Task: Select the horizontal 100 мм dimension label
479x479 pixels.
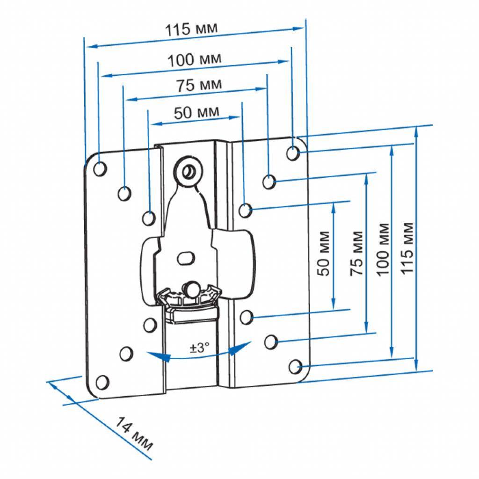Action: click(195, 59)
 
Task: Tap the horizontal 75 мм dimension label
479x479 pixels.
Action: click(199, 85)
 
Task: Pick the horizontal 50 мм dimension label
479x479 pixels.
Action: click(196, 112)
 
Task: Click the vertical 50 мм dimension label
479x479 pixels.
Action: click(325, 253)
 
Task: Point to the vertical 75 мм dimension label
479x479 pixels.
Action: click(357, 253)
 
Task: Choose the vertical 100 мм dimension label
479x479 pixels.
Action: click(383, 250)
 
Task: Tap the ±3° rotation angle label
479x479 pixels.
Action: click(199, 348)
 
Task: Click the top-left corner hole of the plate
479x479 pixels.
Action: click(100, 168)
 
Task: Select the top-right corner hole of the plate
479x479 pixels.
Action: click(293, 152)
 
